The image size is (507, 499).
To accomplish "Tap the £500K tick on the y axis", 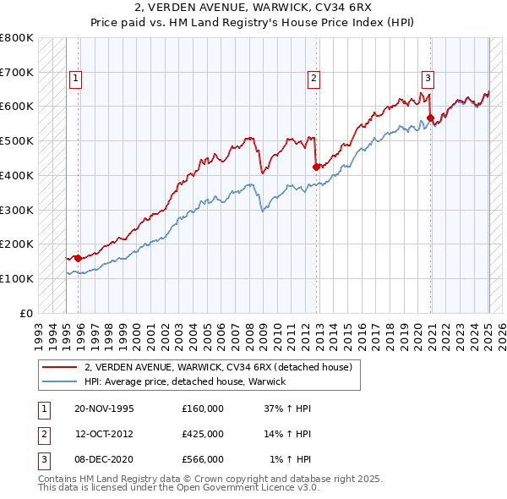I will click(17, 140).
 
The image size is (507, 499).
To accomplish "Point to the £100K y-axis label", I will click(17, 278).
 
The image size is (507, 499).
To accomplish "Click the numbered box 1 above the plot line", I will click(75, 79).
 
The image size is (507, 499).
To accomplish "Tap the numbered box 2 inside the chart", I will click(313, 79).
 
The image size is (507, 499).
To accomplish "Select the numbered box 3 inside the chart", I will click(428, 79).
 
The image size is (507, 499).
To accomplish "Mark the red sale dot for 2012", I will click(316, 167).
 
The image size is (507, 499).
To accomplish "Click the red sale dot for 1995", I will click(78, 258).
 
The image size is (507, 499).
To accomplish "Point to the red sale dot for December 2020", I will click(430, 118).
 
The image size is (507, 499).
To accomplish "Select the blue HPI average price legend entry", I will click(185, 381).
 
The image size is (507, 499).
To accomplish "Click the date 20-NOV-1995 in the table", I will click(105, 409).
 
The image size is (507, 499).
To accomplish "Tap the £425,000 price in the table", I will click(203, 434).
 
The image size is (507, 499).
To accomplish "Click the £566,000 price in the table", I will click(203, 459).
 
